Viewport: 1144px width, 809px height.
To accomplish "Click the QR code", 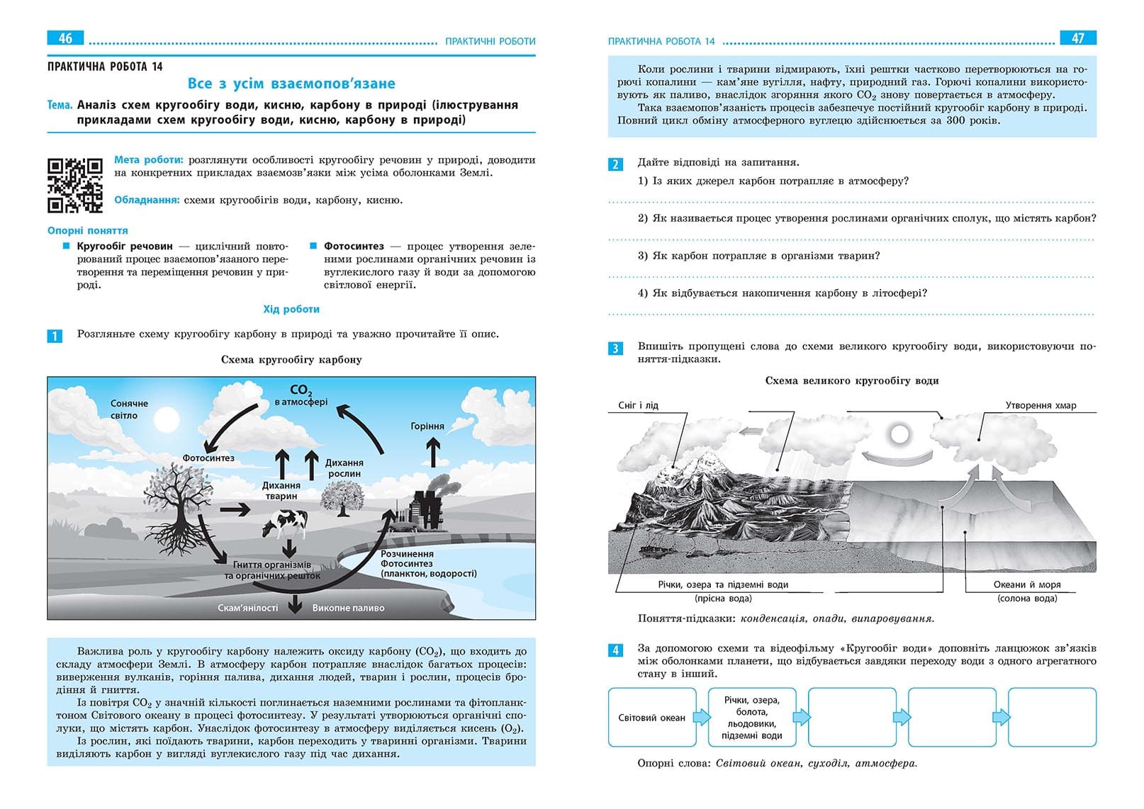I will click(74, 186).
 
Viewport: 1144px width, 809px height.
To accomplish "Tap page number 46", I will click(65, 38).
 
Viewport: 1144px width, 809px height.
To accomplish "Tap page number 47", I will click(1077, 38).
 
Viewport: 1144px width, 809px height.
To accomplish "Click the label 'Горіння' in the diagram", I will click(427, 426).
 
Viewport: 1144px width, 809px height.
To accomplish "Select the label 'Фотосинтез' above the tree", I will click(208, 458).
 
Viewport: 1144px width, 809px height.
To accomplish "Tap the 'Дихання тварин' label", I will click(281, 491).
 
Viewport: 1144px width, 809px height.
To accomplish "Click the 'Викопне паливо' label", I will click(348, 608).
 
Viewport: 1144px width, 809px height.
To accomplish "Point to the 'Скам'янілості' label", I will click(248, 608).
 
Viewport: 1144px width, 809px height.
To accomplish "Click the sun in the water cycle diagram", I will click(899, 434).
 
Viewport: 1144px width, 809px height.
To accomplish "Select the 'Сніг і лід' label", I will click(638, 405).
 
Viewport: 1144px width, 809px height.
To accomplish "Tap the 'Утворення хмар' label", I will click(1041, 405).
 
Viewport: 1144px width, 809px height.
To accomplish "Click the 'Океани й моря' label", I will click(1027, 584).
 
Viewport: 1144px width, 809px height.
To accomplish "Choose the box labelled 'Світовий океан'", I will click(652, 718).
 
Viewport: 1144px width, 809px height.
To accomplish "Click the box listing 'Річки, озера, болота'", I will click(752, 718).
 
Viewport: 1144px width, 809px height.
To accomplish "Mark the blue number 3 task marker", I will click(615, 348).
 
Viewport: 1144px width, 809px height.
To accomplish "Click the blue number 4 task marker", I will click(615, 650).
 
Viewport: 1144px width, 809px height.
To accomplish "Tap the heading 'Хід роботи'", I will click(291, 310).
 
